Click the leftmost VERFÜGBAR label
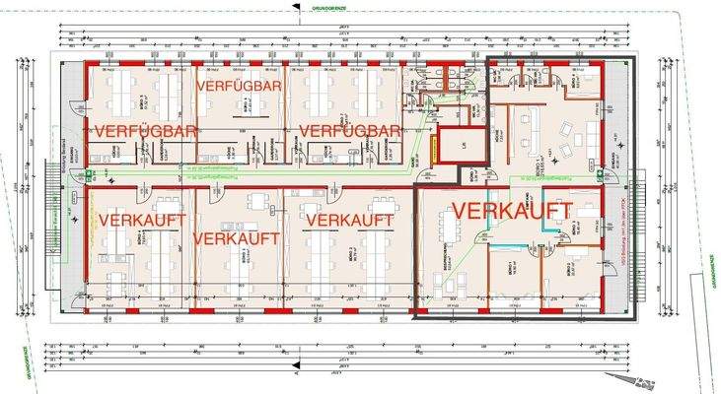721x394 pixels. tap(147, 130)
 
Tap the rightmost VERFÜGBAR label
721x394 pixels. tap(349, 131)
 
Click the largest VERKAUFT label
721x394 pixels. tap(512, 210)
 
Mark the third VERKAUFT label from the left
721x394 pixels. tap(349, 218)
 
